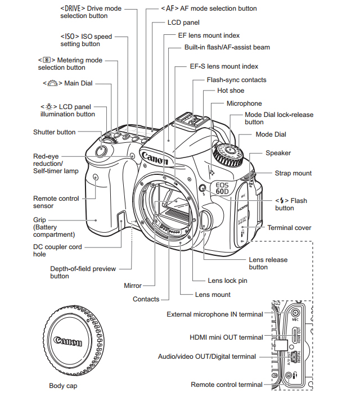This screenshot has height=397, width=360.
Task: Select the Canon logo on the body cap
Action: click(x=67, y=341)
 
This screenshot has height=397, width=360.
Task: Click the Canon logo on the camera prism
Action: click(x=155, y=157)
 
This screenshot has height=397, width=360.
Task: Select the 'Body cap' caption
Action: click(x=63, y=386)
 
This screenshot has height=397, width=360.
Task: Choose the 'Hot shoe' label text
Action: click(x=231, y=91)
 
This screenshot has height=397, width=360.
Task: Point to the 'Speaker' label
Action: click(x=278, y=153)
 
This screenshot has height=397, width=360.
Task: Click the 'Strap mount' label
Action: click(x=293, y=173)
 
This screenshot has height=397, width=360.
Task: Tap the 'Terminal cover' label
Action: click(x=289, y=228)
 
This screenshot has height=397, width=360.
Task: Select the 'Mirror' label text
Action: click(x=133, y=286)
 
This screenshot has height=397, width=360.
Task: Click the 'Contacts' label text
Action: click(x=146, y=299)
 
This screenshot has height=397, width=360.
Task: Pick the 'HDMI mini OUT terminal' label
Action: click(x=226, y=337)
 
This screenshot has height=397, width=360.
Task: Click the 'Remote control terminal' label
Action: click(x=226, y=385)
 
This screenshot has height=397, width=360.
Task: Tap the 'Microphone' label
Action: click(x=244, y=103)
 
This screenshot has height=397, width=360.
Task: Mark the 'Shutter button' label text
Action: click(x=54, y=132)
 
